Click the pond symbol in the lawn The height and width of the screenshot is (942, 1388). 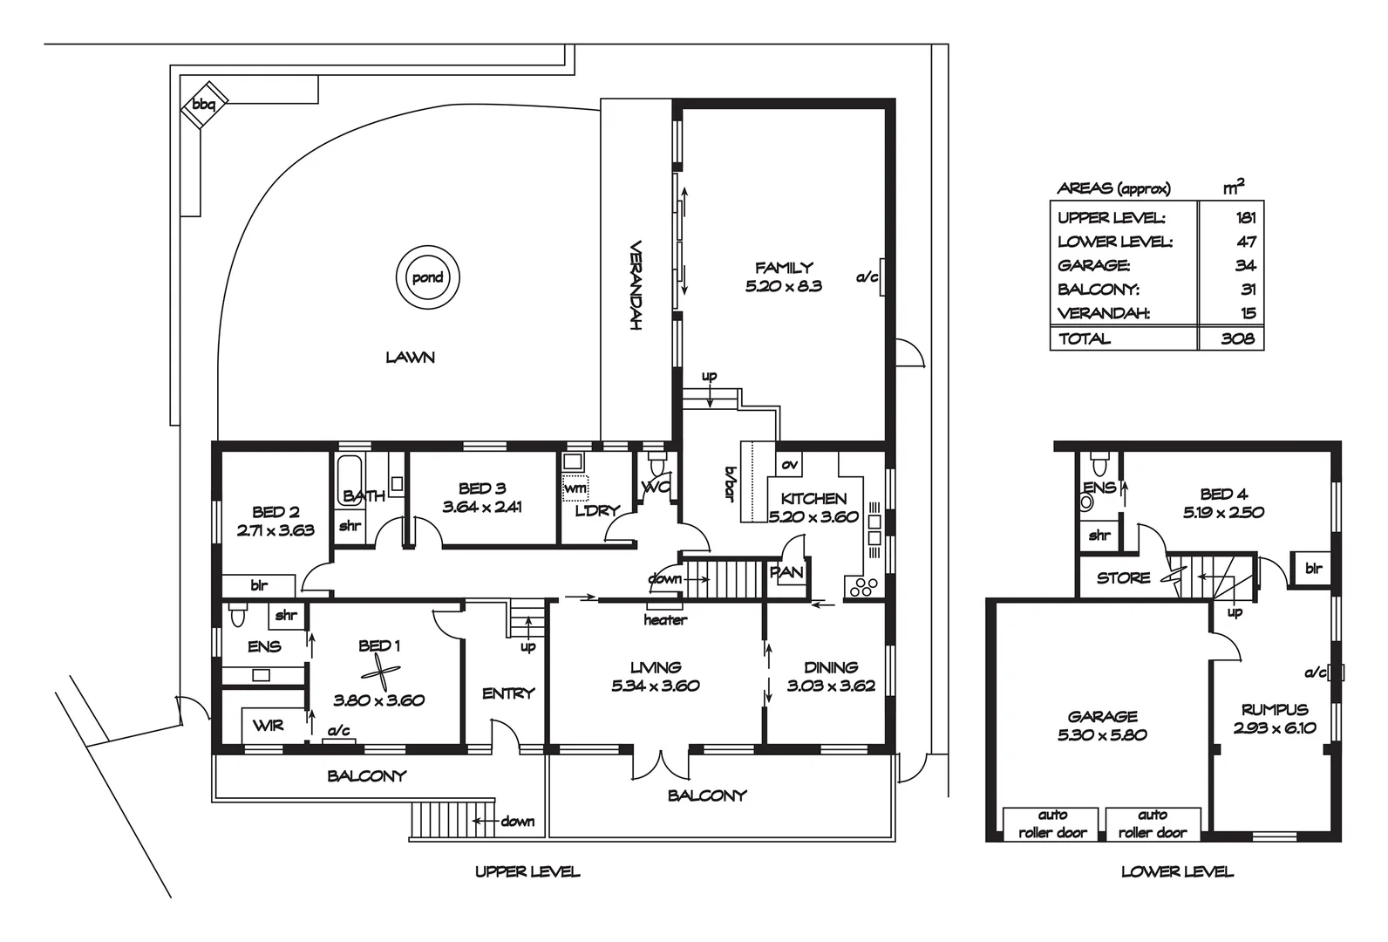click(x=427, y=278)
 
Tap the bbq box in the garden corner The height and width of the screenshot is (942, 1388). click(x=204, y=105)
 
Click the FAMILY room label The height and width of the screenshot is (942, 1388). click(x=784, y=268)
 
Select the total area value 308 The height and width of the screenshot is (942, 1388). click(x=1237, y=339)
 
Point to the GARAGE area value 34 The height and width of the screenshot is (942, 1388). click(x=1245, y=265)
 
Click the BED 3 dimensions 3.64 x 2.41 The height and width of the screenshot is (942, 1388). click(x=482, y=507)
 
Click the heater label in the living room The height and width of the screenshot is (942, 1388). click(x=665, y=620)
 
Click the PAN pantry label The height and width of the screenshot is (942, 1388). click(x=786, y=573)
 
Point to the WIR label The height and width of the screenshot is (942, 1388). click(x=268, y=725)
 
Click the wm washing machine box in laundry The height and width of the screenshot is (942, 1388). click(x=575, y=488)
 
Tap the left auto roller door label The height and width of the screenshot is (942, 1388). click(x=1052, y=823)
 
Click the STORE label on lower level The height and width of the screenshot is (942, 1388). click(x=1123, y=577)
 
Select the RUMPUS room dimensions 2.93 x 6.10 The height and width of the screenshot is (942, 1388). click(x=1275, y=728)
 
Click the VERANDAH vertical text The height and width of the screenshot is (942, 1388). click(x=636, y=285)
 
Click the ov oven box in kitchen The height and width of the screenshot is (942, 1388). click(x=789, y=465)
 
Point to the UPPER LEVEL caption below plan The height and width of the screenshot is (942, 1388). click(x=527, y=871)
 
